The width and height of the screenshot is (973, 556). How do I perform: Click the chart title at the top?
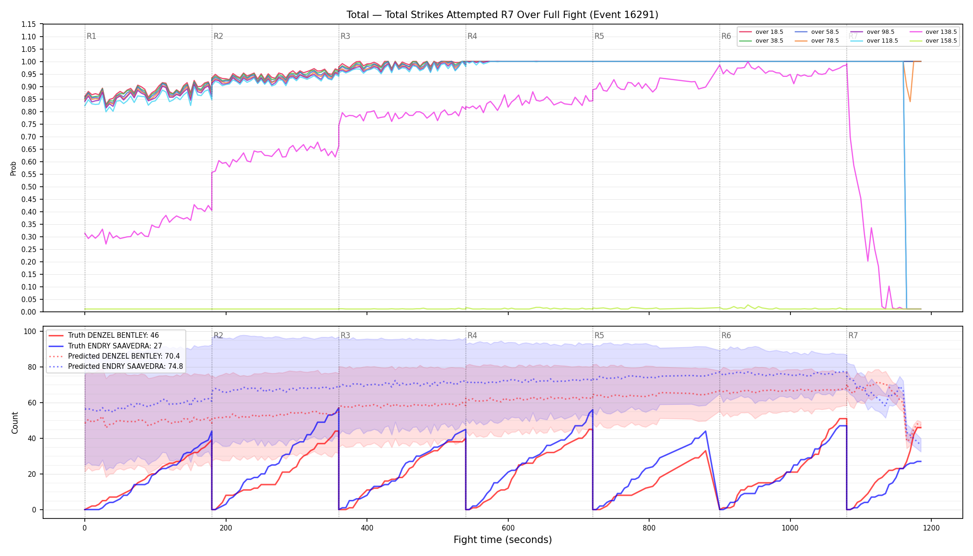pos(502,15)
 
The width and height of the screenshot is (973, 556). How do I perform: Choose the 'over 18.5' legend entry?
pos(761,32)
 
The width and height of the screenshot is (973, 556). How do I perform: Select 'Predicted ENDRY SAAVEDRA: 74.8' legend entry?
pos(116,366)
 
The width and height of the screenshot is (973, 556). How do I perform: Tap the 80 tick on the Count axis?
pos(32,367)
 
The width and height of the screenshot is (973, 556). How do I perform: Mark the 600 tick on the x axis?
pos(508,528)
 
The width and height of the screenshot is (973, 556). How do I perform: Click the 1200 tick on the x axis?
pos(931,528)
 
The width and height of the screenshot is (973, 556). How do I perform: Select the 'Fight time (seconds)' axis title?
pos(503,540)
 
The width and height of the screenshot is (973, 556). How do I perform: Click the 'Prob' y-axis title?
pos(13,168)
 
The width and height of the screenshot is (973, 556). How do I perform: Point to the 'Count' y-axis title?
pos(15,423)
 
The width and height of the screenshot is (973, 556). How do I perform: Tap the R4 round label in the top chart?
pos(472,36)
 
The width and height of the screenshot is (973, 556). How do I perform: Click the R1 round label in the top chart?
pos(91,36)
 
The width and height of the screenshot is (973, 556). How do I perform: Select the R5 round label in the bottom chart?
pos(599,335)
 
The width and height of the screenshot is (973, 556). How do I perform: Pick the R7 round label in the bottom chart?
pos(853,335)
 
